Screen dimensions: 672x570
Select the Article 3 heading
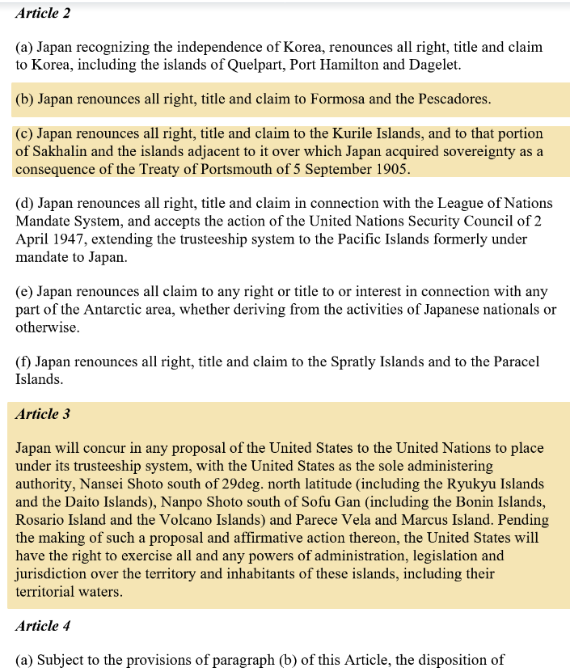coord(43,414)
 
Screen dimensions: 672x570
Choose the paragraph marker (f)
coord(23,362)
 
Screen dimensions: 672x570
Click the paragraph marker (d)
coord(25,204)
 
